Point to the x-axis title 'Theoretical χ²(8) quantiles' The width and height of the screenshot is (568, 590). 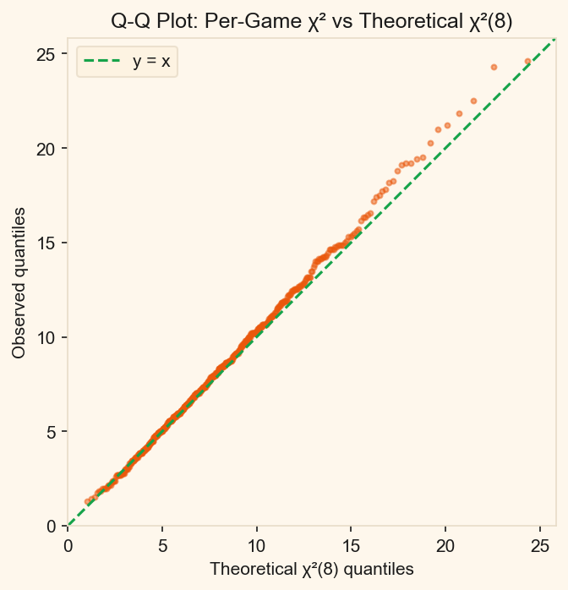point(311,569)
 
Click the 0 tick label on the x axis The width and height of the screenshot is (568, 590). point(68,547)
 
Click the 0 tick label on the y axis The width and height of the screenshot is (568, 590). point(52,526)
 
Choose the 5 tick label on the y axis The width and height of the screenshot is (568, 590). point(52,432)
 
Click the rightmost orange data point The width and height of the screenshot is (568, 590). point(527,62)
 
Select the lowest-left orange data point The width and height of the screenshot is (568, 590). point(88,501)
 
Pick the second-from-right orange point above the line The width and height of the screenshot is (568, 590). point(494,67)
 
